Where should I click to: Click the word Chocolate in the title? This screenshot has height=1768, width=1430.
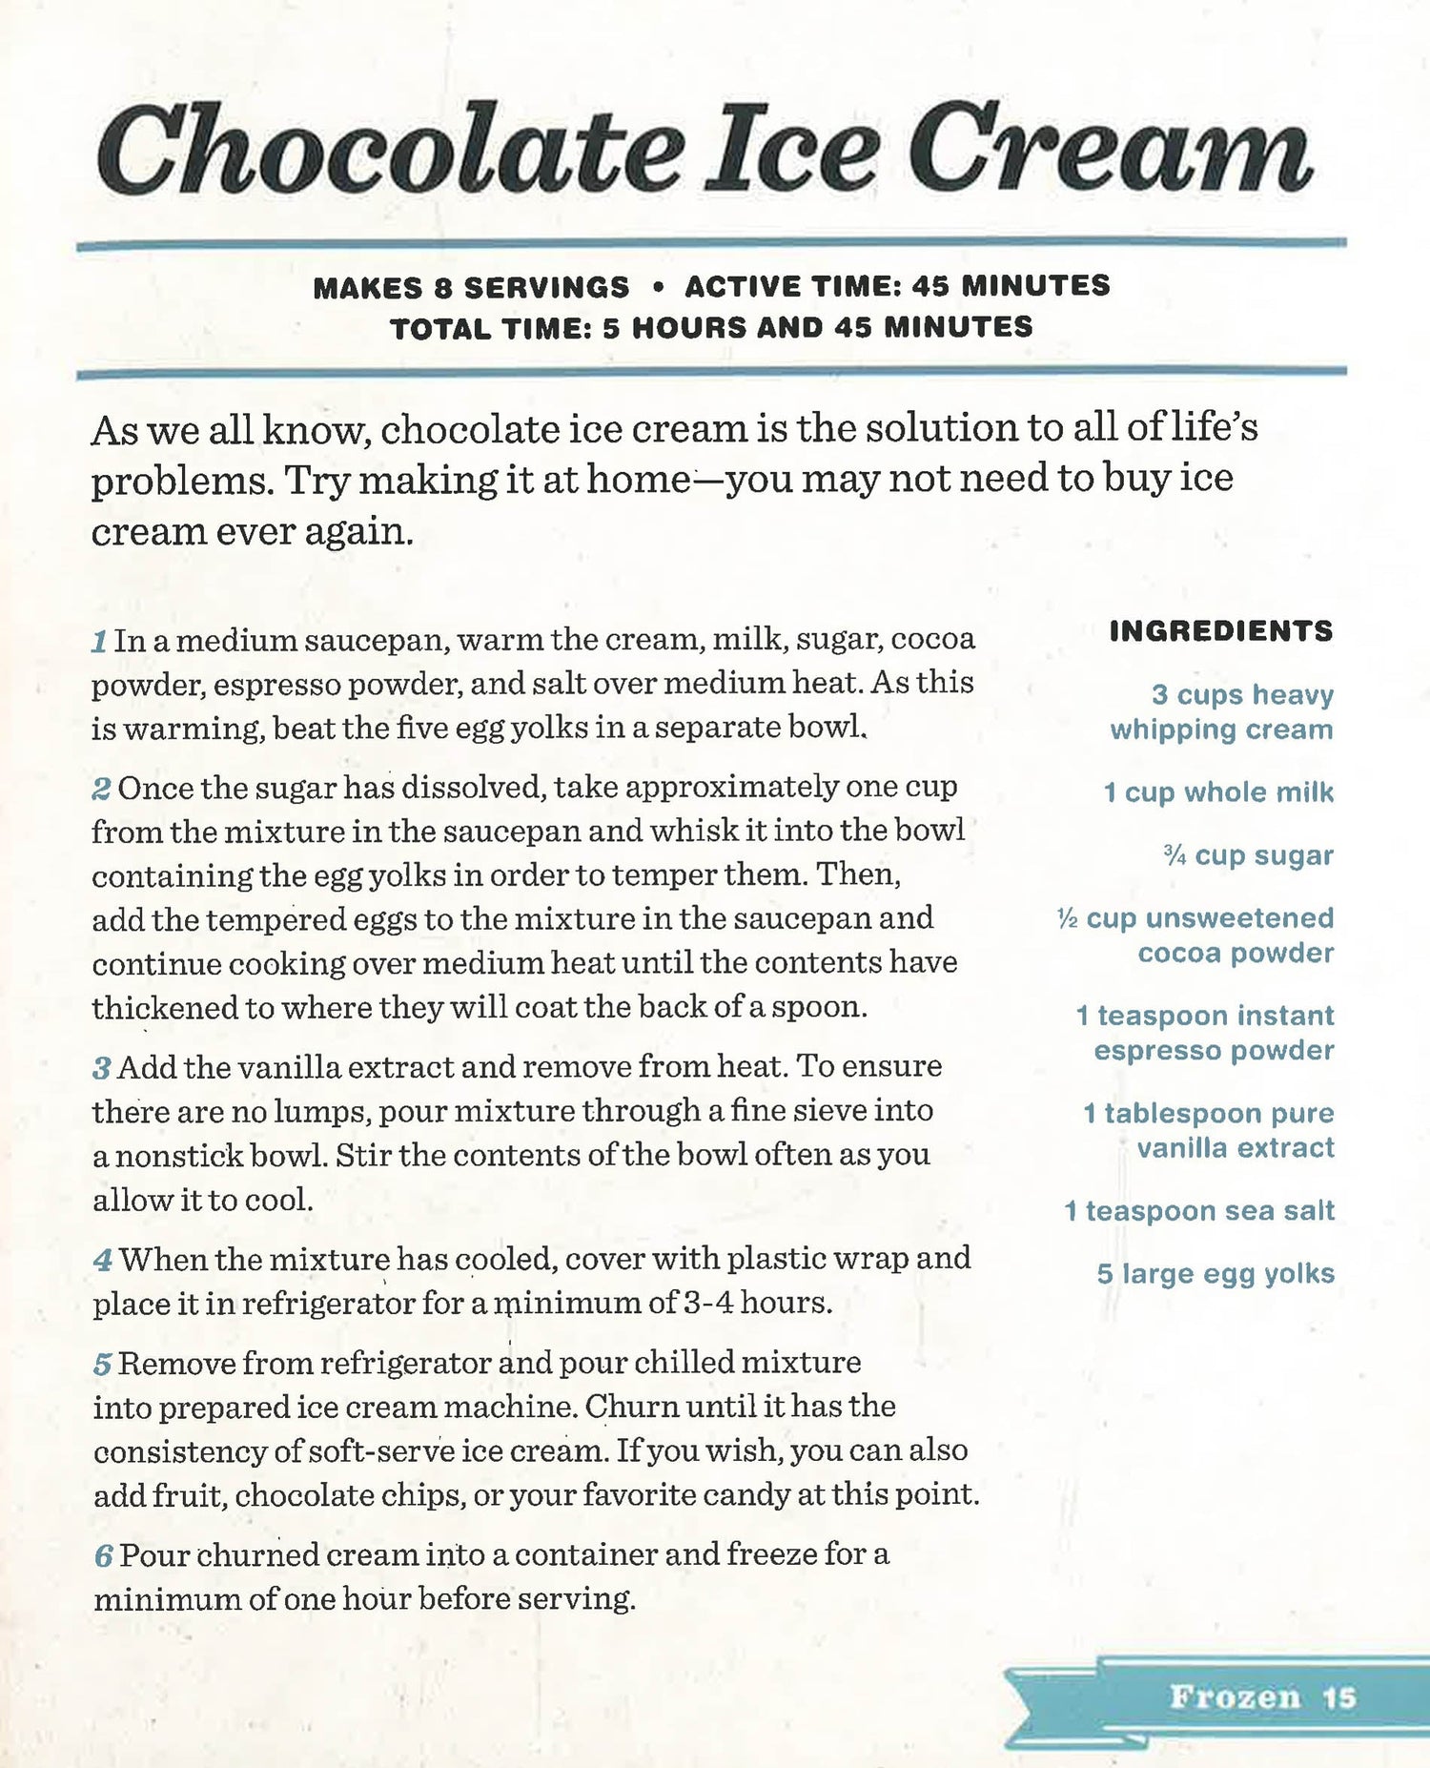(391, 151)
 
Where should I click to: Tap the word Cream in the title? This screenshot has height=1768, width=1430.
(1111, 151)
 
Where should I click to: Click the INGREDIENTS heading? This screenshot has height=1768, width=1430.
(1221, 631)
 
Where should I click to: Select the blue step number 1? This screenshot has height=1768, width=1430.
(99, 641)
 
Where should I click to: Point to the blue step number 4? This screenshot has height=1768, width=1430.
(103, 1261)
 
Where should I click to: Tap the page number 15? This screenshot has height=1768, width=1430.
(1339, 1697)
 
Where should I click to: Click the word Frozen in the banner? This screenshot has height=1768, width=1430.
(1235, 1697)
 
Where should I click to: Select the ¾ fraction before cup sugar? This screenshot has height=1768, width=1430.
(1175, 855)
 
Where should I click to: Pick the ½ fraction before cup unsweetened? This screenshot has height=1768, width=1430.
(1068, 918)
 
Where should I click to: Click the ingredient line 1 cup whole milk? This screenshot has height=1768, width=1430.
(1218, 792)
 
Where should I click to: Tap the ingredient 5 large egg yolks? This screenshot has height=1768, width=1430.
(1215, 1274)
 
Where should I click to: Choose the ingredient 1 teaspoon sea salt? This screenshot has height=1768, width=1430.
(1199, 1211)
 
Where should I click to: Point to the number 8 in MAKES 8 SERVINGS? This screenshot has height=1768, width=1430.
(441, 287)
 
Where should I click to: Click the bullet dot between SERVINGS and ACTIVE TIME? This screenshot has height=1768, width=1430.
(657, 286)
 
